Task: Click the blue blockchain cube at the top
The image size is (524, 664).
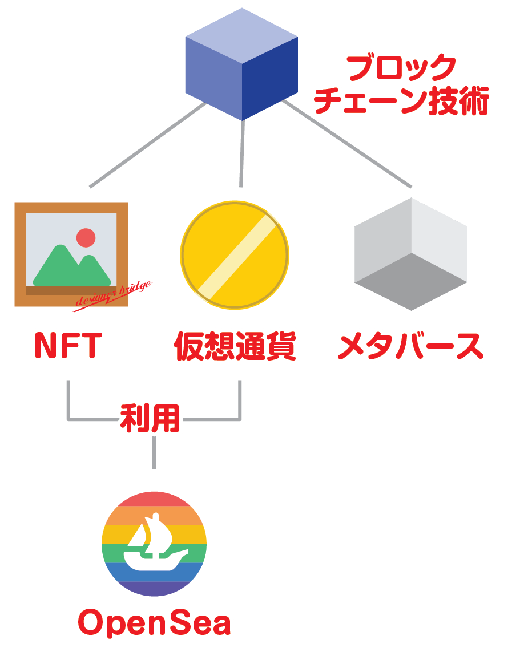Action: (241, 64)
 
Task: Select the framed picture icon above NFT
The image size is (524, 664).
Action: (71, 254)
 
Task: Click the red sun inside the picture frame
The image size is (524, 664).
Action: (86, 237)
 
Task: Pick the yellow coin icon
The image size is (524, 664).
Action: (235, 255)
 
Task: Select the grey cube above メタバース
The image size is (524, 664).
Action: (411, 254)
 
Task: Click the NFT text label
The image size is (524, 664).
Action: (67, 346)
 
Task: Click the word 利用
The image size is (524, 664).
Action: (150, 419)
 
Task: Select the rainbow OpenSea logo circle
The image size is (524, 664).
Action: (154, 544)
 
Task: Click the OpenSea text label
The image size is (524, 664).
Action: (155, 623)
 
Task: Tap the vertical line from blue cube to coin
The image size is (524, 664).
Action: (242, 154)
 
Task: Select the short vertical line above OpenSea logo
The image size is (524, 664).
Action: (154, 454)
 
